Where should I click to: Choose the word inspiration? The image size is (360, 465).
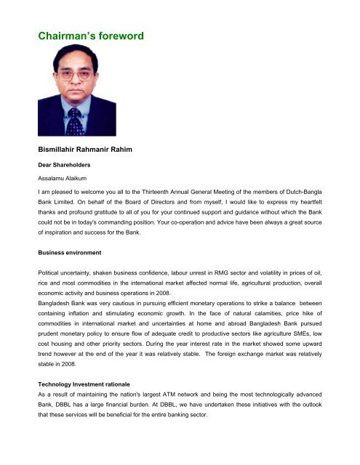tap(64, 236)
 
